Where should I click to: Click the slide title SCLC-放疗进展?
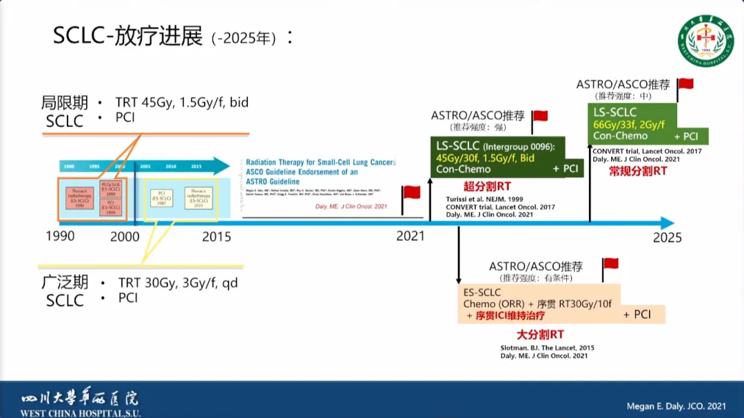pyautogui.click(x=127, y=36)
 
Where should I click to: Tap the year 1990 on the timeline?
pyautogui.click(x=60, y=237)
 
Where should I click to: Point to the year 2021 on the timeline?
pyautogui.click(x=411, y=237)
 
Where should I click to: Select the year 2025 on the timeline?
pyautogui.click(x=667, y=237)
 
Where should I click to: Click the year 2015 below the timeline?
pyautogui.click(x=216, y=237)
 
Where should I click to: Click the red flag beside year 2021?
pyautogui.click(x=411, y=193)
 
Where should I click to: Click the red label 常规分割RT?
pyautogui.click(x=638, y=171)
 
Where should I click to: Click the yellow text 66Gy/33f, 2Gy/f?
pyautogui.click(x=629, y=124)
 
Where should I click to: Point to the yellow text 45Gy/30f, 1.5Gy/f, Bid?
pyautogui.click(x=485, y=157)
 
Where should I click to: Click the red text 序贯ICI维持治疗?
pyautogui.click(x=510, y=315)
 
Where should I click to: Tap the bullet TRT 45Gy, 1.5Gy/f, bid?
pyautogui.click(x=182, y=103)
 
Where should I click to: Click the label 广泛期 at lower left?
pyautogui.click(x=65, y=283)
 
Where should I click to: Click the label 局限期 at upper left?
pyautogui.click(x=65, y=103)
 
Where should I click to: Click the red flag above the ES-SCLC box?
pyautogui.click(x=610, y=264)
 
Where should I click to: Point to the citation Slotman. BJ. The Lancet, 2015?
pyautogui.click(x=547, y=348)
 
